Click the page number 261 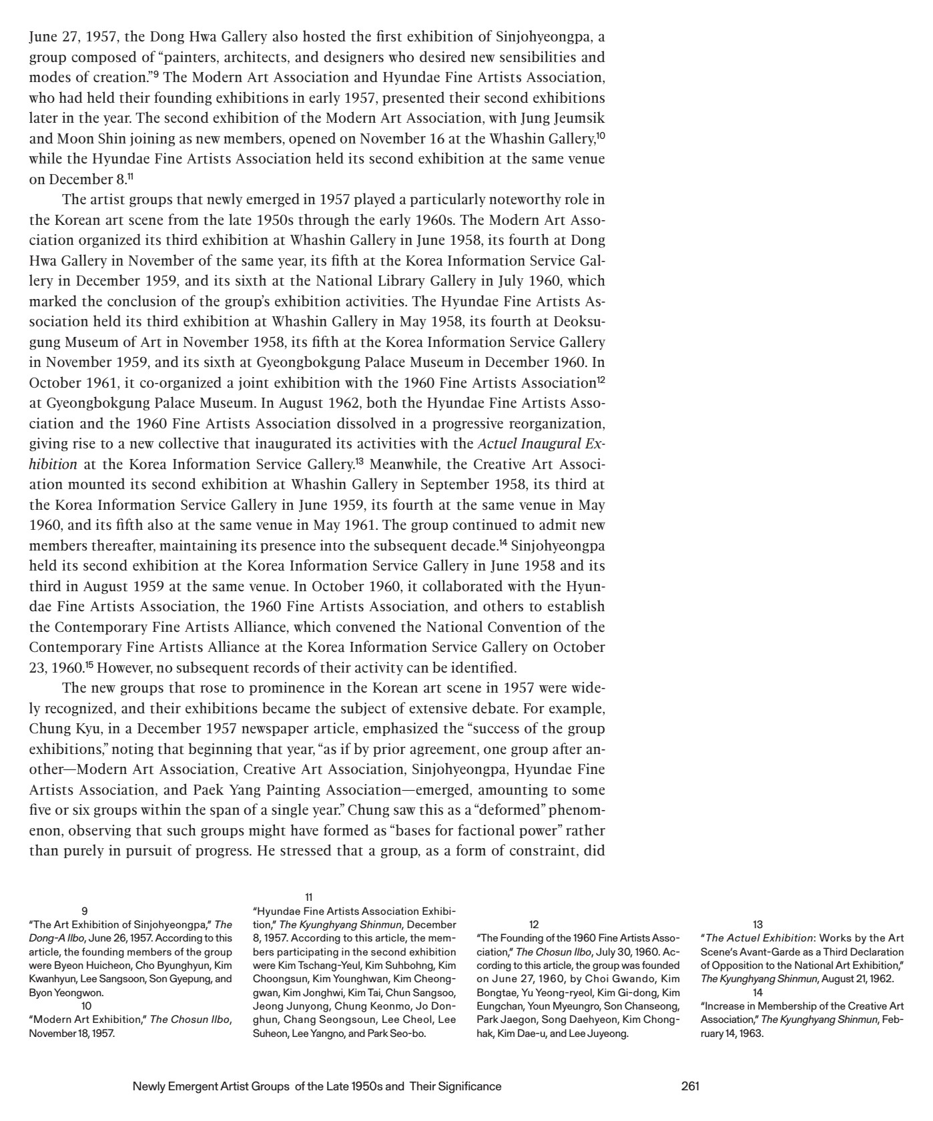(690, 1086)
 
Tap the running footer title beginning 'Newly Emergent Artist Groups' (317, 1086)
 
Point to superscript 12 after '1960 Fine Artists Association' (601, 380)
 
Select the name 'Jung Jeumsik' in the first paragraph (562, 118)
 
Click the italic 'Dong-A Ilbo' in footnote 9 (54, 938)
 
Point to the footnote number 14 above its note (757, 992)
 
